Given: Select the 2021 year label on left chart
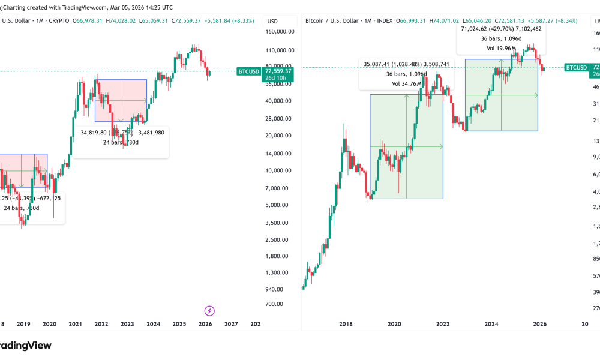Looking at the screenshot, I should (75, 323).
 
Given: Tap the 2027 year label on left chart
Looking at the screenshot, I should (231, 323).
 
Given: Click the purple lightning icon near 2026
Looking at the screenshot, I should (209, 311).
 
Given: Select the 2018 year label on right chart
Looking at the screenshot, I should (346, 323).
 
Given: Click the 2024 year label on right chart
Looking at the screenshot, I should (491, 323).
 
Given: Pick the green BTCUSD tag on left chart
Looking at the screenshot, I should (248, 71).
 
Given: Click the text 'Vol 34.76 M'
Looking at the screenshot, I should (406, 83).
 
